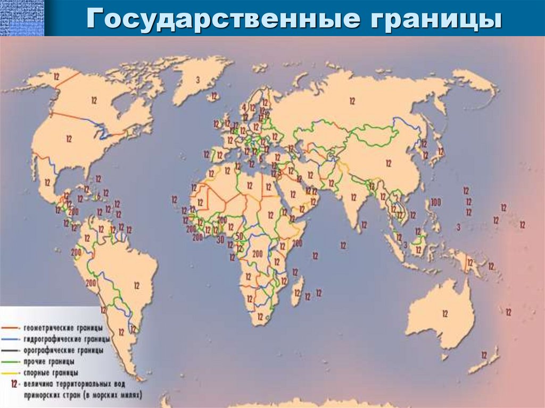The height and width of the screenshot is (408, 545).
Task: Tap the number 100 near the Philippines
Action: [x=436, y=202]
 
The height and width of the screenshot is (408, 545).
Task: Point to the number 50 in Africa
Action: [x=239, y=236]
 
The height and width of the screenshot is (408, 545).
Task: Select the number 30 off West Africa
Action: [x=220, y=239]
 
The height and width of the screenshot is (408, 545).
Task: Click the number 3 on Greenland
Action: [x=197, y=80]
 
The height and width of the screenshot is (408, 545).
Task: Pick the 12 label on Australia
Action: [x=445, y=314]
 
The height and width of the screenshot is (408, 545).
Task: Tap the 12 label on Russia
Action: [x=352, y=100]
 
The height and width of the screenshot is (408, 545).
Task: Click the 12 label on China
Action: [x=389, y=163]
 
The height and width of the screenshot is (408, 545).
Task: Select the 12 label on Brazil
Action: [x=136, y=286]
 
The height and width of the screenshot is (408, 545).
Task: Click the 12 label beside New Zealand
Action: [x=484, y=355]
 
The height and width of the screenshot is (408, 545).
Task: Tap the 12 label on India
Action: [x=353, y=197]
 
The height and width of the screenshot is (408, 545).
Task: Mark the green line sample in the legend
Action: [x=11, y=362]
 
